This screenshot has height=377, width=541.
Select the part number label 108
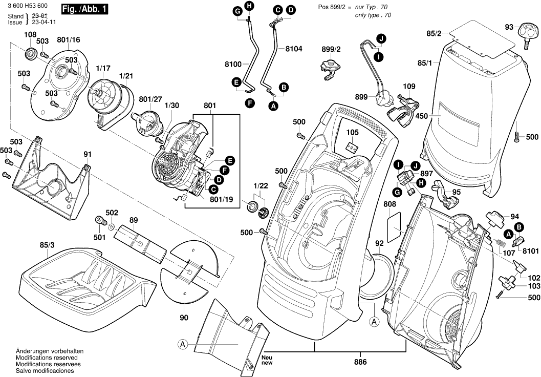point(30,35)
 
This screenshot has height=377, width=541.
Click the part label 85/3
point(47,245)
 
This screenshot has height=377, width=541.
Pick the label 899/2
point(331,49)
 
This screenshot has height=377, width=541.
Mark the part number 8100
point(232,65)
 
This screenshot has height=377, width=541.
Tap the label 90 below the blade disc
point(184,318)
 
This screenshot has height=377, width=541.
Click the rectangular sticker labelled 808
point(394,228)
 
